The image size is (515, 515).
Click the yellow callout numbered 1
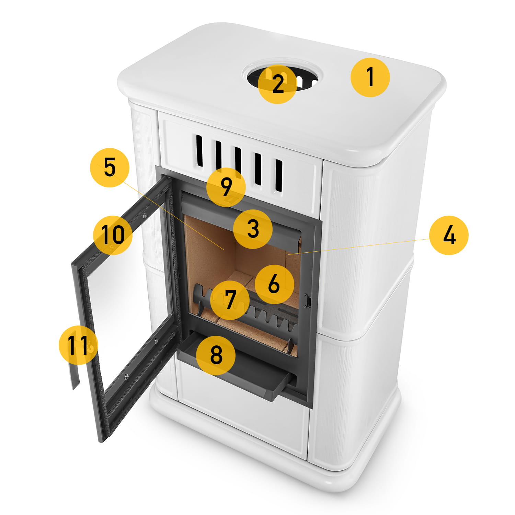click(370, 77)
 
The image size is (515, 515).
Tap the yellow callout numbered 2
click(277, 84)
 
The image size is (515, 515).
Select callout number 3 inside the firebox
click(253, 229)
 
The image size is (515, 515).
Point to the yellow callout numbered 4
click(449, 235)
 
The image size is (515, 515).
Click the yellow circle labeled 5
click(110, 168)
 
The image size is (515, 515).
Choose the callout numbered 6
click(274, 284)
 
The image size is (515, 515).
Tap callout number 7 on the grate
click(230, 300)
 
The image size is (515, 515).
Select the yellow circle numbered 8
click(216, 355)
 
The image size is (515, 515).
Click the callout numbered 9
click(226, 187)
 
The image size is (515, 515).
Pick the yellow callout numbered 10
click(113, 235)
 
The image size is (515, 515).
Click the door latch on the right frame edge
click(308, 300)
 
